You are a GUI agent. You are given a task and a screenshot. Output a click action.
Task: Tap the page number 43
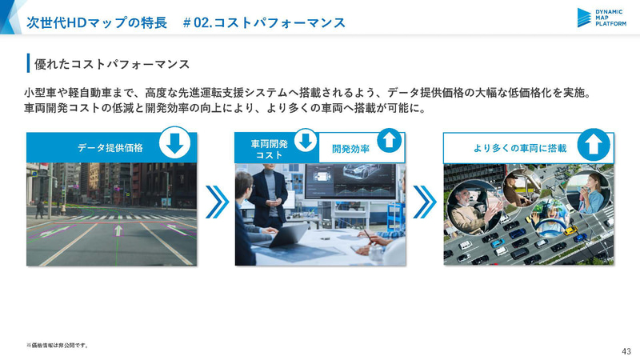tap(626, 351)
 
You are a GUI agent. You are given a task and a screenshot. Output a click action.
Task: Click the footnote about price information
tap(57, 346)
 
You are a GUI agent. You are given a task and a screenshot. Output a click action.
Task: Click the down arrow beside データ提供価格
tap(176, 145)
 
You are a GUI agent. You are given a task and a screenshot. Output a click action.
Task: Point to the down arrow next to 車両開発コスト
tap(305, 142)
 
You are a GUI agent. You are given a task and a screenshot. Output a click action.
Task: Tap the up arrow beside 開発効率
tap(387, 142)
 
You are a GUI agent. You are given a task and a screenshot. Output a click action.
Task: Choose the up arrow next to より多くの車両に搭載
tap(593, 145)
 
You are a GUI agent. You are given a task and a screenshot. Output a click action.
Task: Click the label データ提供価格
tap(110, 148)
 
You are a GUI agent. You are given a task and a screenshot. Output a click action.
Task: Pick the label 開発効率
tap(349, 149)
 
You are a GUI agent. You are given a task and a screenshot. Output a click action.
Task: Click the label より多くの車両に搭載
tap(520, 148)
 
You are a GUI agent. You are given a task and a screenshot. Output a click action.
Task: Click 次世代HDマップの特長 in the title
tap(96, 22)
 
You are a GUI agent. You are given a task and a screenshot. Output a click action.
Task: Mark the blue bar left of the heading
tap(28, 62)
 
